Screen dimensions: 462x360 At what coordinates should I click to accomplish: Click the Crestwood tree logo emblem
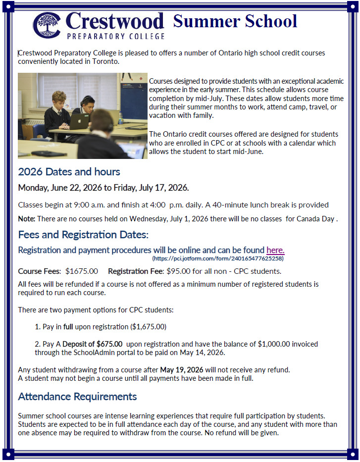(47, 25)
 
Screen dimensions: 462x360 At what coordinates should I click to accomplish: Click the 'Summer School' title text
(235, 21)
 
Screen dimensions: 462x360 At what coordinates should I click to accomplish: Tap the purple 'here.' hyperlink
(275, 250)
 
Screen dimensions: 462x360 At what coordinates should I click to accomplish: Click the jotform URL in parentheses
(218, 258)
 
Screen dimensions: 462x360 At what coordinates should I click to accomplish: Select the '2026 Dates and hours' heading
(69, 172)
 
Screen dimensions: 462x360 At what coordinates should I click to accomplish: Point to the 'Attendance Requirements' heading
(77, 397)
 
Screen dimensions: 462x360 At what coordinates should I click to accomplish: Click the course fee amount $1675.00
(82, 271)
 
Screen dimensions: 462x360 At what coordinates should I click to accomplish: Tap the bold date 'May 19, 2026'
(182, 370)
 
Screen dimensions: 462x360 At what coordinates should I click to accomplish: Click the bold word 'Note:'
(26, 218)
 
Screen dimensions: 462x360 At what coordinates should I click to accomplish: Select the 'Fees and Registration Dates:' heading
(83, 234)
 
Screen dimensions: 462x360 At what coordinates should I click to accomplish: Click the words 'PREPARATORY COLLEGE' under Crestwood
(115, 36)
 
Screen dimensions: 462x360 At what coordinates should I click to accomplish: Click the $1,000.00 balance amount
(275, 344)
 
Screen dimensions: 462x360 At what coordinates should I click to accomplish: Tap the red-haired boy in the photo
(58, 106)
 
